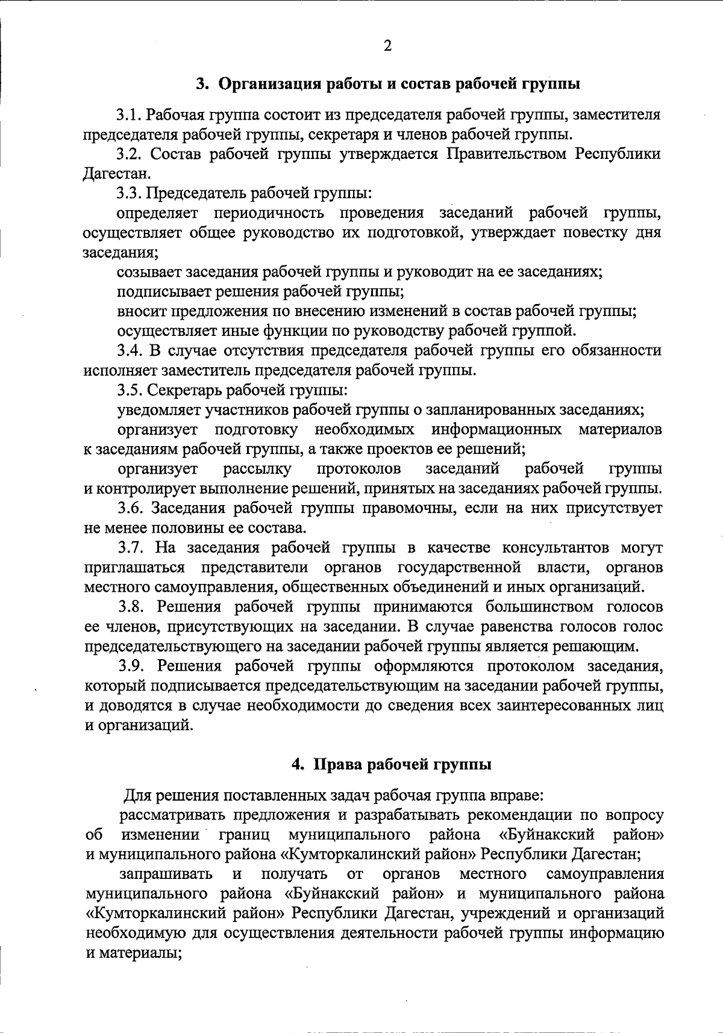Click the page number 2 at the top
pyautogui.click(x=387, y=46)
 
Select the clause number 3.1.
pyautogui.click(x=129, y=114)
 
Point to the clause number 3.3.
pyautogui.click(x=129, y=194)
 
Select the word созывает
pyautogui.click(x=145, y=272)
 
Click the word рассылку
pyautogui.click(x=258, y=469)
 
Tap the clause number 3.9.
pyautogui.click(x=131, y=666)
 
